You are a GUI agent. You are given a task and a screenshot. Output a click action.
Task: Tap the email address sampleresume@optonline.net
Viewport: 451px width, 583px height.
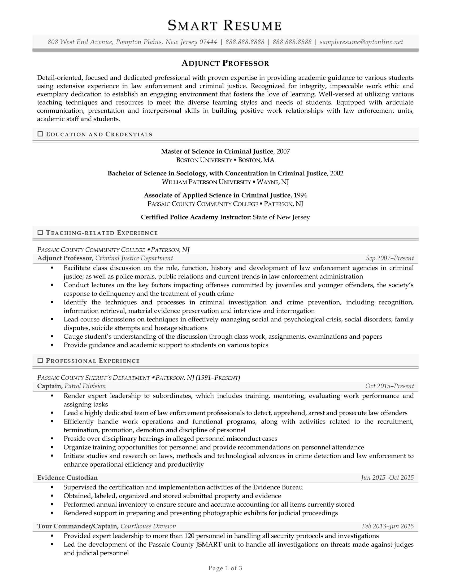coord(361,42)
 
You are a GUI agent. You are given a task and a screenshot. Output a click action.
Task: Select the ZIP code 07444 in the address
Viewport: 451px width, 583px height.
coord(208,42)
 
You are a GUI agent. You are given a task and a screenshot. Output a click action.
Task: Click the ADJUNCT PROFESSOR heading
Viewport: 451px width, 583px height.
coord(225,63)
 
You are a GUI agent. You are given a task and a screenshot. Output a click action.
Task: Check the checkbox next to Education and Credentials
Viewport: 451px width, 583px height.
coord(40,134)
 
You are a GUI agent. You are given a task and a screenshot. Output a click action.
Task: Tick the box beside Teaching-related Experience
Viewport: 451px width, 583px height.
coord(40,233)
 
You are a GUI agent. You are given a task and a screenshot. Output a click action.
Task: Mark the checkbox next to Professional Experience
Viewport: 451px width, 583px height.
coord(40,361)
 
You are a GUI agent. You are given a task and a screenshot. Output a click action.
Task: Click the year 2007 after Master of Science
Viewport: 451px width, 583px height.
coord(283,152)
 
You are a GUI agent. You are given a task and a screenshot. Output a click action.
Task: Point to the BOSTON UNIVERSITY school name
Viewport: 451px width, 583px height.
coord(204,160)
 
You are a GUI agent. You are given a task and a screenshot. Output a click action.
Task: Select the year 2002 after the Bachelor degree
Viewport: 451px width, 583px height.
coord(337,174)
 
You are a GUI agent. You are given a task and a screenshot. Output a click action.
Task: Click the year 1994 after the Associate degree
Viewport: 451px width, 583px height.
coord(300,195)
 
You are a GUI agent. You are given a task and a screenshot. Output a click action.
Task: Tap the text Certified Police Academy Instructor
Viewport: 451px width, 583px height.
coord(195,217)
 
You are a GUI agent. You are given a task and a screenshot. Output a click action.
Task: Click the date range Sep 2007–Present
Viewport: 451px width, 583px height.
coord(389,258)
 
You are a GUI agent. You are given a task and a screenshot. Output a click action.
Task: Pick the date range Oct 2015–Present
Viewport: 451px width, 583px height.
coord(389,386)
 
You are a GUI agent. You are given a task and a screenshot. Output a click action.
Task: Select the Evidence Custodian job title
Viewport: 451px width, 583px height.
coord(67,478)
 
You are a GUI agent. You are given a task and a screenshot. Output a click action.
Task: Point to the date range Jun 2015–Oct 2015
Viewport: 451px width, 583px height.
coord(387,478)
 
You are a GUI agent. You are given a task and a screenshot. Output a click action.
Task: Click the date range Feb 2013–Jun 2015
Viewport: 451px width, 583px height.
coord(387,526)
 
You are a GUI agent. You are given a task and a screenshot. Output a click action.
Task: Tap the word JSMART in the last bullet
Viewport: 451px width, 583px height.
coord(209,545)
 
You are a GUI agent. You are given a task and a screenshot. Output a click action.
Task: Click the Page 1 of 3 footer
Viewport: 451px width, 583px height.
coord(225,568)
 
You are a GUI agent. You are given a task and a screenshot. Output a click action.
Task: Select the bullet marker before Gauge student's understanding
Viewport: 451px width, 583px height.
coord(52,337)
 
